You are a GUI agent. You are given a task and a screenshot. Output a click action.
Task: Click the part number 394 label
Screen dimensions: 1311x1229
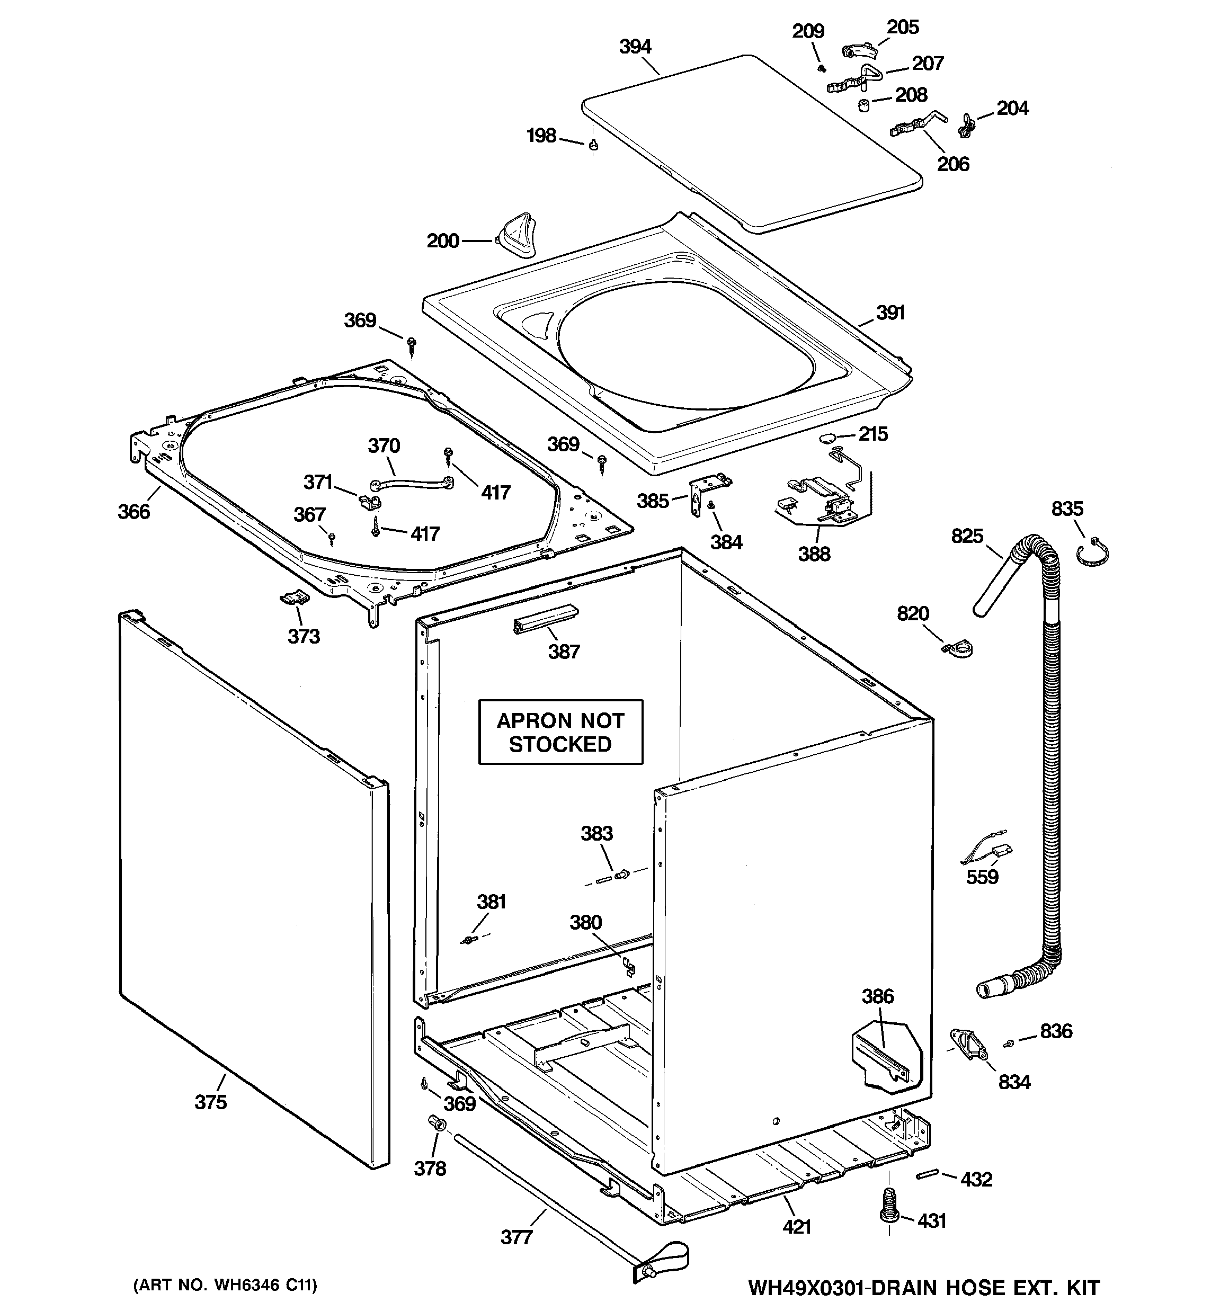(x=635, y=47)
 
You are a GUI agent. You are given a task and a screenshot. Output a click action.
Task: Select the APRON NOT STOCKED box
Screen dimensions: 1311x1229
(x=560, y=732)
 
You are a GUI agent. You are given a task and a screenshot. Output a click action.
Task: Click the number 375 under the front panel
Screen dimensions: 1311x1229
(x=210, y=1102)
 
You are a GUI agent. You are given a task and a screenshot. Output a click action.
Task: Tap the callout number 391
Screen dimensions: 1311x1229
(x=890, y=313)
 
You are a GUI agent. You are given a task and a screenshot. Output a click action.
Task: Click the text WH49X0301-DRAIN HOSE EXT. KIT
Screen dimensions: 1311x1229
(x=923, y=1287)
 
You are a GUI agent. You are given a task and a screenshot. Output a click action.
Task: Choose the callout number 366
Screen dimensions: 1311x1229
(x=134, y=511)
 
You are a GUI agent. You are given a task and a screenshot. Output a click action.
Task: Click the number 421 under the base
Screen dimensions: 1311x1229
(x=796, y=1227)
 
